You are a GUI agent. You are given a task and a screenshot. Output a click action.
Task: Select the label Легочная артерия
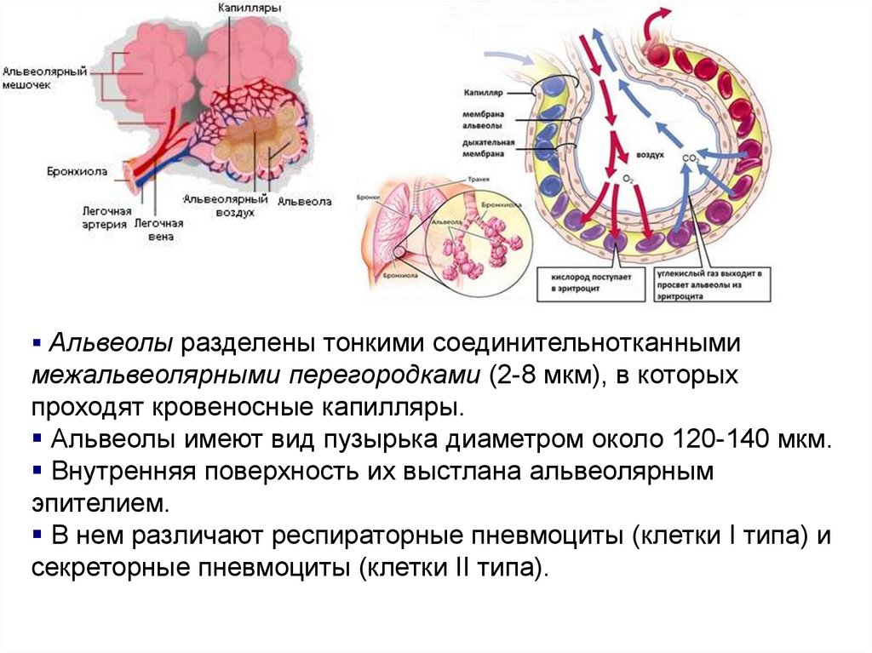pos(106,216)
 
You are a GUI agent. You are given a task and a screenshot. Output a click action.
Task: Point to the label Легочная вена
pos(158,229)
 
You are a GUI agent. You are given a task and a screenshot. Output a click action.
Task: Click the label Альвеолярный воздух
pos(225,205)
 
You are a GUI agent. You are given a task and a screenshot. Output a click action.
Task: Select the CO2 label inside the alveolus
pos(691,159)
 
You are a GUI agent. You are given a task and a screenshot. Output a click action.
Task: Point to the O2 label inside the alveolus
pos(628,178)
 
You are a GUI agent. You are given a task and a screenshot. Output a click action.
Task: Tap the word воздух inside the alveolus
pos(650,156)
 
